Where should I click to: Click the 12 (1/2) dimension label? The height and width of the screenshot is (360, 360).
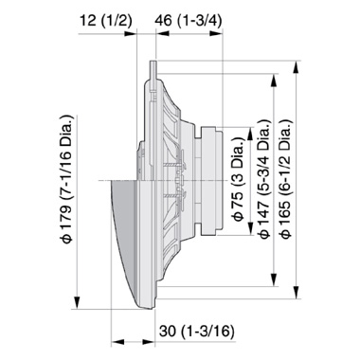tap(77, 21)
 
